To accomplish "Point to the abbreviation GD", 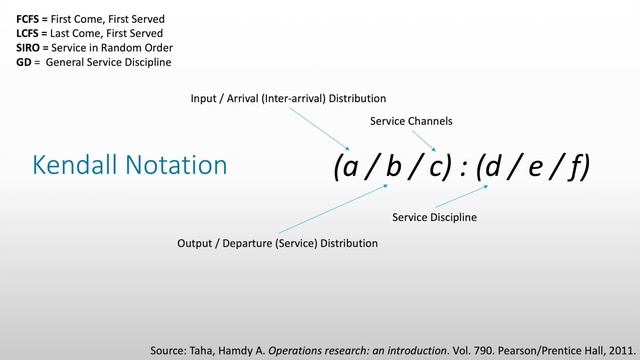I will tap(23, 62).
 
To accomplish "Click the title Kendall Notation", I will tap(129, 165).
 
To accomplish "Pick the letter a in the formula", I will tap(352, 165).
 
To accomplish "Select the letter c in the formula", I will tap(437, 166).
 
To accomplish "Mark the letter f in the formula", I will tap(577, 166).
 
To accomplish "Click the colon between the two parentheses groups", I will tap(466, 167).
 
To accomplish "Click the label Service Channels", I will tap(411, 121).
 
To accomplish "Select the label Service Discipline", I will tap(434, 217).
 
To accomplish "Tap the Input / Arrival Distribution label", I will tap(288, 98).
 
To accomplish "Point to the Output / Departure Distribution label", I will tap(277, 243).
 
